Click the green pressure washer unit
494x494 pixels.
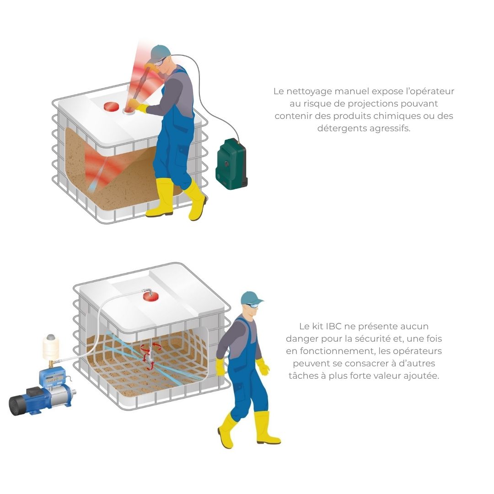tap(231, 165)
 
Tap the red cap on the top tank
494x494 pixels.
tap(111, 107)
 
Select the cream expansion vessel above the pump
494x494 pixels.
tap(51, 347)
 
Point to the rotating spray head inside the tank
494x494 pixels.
tap(150, 355)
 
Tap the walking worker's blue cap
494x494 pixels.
tap(251, 298)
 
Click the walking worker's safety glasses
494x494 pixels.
tap(252, 305)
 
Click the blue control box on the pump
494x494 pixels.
tap(52, 378)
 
